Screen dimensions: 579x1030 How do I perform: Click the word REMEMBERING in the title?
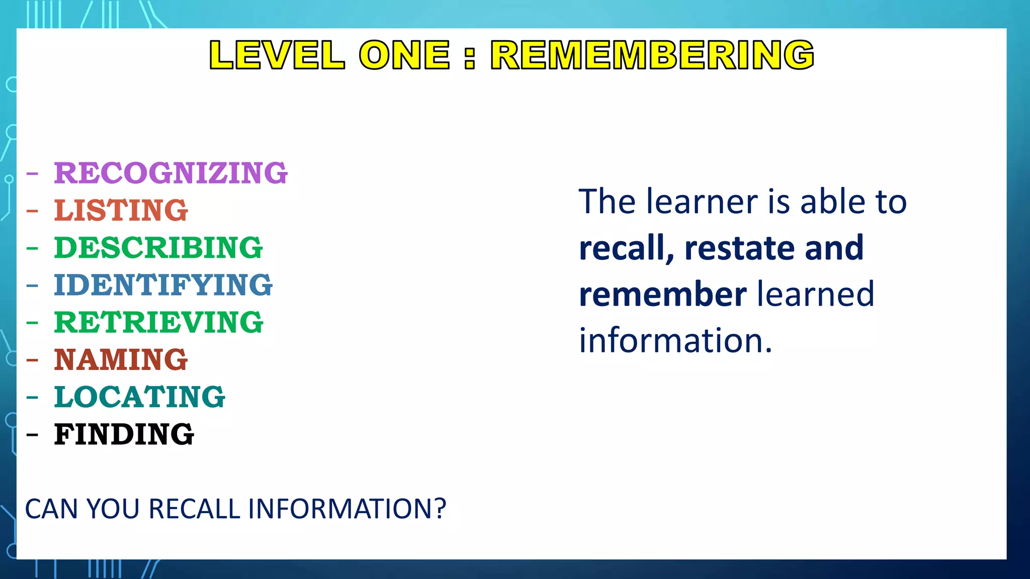click(652, 55)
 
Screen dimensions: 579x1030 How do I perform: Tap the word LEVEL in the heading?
click(277, 55)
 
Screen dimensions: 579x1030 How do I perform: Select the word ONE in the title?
click(404, 55)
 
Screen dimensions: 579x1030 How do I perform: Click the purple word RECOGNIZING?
click(170, 173)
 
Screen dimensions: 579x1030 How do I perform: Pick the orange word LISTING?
click(121, 210)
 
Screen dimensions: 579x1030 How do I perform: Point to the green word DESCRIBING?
click(158, 248)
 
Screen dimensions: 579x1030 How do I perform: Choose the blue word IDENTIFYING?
click(163, 285)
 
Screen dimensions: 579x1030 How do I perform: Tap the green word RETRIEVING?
click(158, 322)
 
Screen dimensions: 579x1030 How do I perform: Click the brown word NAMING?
click(121, 360)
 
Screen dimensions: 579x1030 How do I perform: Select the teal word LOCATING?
click(139, 397)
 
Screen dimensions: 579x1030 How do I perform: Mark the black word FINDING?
click(124, 434)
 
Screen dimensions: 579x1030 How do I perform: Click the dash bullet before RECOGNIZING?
click(32, 174)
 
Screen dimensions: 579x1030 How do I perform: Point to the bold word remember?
click(662, 295)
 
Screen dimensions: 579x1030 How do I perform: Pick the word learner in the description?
click(702, 202)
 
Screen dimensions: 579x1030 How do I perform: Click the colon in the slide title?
click(470, 56)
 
